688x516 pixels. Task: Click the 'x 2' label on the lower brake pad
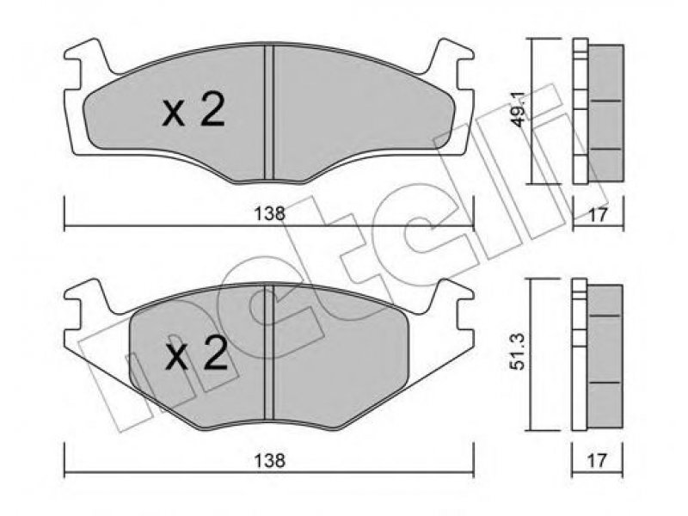196,353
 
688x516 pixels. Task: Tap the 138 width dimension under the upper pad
269,213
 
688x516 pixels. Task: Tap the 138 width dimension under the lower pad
269,460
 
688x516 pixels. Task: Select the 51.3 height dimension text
519,352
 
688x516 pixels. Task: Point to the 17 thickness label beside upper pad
598,214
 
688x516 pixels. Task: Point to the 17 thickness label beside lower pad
598,460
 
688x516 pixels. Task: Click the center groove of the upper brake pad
269,113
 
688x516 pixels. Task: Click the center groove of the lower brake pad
269,353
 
